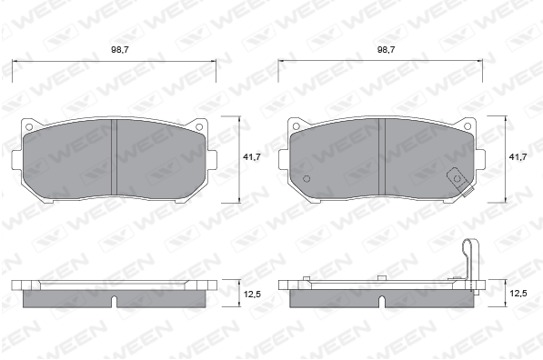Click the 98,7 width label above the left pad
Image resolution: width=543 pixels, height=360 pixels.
(x=120, y=50)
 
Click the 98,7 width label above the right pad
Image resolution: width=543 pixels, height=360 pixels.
(x=387, y=50)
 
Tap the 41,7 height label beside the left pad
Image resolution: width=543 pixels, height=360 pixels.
(x=252, y=156)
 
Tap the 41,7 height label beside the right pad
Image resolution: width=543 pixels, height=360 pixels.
(x=518, y=156)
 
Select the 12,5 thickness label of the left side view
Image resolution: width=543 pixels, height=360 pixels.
(x=252, y=295)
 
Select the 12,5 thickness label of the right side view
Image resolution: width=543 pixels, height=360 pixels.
(x=518, y=294)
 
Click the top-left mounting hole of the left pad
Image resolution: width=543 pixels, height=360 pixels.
(x=29, y=127)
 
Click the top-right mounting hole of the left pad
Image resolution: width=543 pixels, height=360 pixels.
(x=199, y=127)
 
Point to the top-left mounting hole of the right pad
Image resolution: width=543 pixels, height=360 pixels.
(x=296, y=126)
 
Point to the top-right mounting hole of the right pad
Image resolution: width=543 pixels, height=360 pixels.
(x=468, y=126)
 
